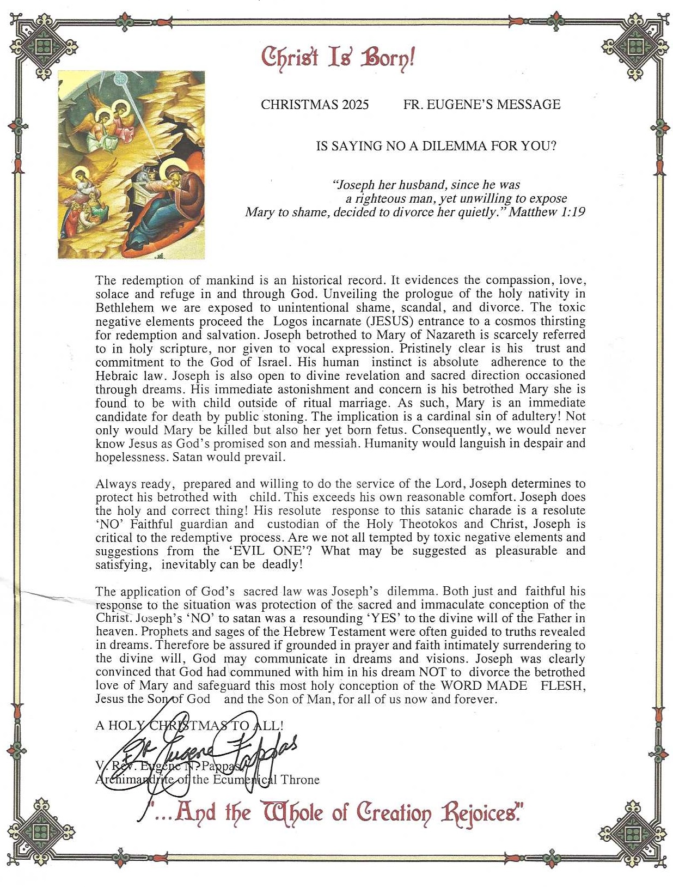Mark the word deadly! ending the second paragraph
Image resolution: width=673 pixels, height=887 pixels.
tap(282, 564)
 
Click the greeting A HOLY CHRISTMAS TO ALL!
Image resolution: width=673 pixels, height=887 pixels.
tap(189, 725)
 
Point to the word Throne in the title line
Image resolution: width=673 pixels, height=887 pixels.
tap(299, 780)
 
